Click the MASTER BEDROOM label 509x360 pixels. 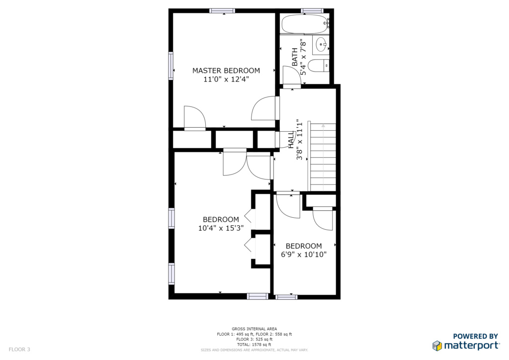tap(226, 71)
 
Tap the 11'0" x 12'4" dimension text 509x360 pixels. tap(226, 79)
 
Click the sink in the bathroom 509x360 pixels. tap(321, 45)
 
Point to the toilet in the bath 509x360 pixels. tap(319, 66)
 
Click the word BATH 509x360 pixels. tap(295, 57)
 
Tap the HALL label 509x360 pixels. tap(291, 140)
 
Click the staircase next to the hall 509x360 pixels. tap(323, 156)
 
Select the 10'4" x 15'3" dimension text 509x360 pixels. tap(221, 228)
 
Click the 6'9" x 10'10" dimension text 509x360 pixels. tap(304, 255)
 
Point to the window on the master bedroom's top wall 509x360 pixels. tap(222, 11)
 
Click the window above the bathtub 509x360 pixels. tap(312, 11)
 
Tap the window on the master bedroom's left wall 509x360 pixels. tap(170, 66)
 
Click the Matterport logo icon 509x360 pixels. tap(437, 346)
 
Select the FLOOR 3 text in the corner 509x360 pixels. tap(19, 350)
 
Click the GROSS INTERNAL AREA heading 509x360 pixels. tap(254, 329)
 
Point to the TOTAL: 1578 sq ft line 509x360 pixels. tap(254, 345)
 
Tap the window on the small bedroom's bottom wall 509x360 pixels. tap(286, 297)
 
